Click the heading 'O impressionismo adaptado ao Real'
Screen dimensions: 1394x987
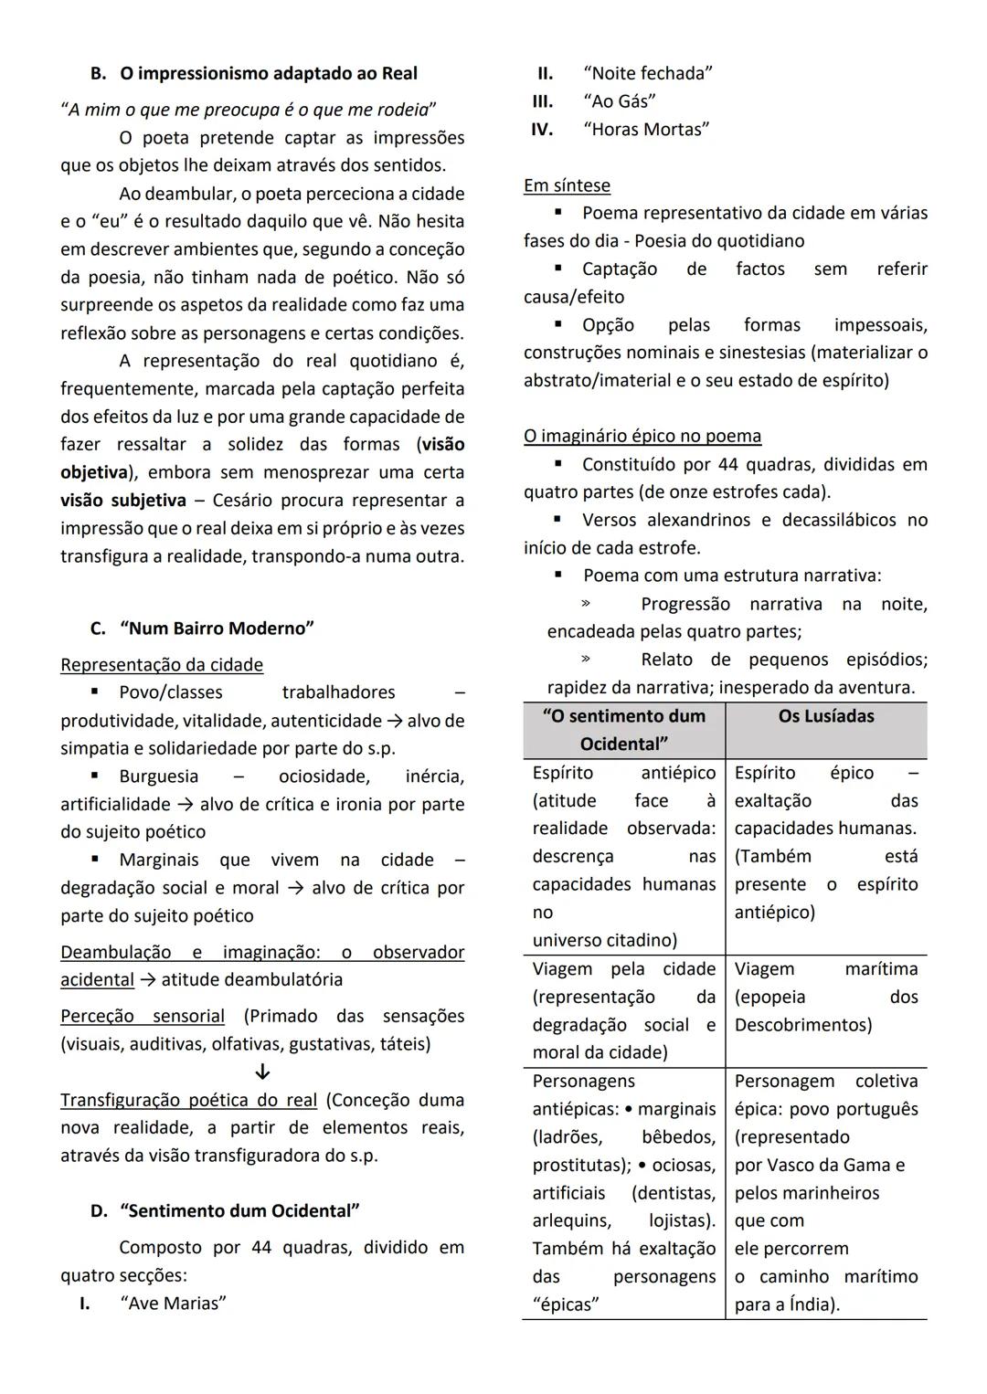coord(268,73)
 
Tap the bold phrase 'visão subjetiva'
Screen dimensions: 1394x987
coord(123,501)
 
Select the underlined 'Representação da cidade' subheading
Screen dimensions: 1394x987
coord(162,665)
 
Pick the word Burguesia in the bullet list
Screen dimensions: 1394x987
coord(158,776)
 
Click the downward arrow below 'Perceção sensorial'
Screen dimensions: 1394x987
coord(262,1072)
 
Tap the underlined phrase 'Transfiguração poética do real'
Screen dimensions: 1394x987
coord(188,1100)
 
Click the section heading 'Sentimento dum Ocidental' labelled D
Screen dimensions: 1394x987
coord(239,1211)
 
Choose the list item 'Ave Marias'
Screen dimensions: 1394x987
coord(173,1304)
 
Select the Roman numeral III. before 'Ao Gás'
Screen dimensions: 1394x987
coord(543,101)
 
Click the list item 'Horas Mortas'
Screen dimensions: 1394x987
coord(646,130)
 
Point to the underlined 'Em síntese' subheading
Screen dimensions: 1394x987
coord(567,185)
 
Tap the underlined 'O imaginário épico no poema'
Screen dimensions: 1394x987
coord(642,436)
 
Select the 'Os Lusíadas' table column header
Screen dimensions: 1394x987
coord(826,716)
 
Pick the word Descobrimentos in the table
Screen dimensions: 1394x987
coord(802,1025)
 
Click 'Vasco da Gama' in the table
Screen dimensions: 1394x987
coord(819,1165)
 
